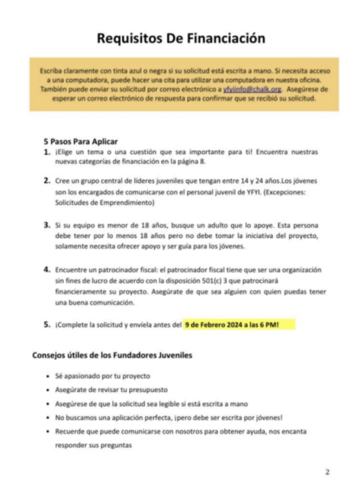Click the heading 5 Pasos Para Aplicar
[82, 141]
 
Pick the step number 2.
[47, 183]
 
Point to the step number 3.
[47, 226]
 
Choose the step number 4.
[47, 270]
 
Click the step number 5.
[47, 325]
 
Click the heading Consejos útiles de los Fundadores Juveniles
[112, 355]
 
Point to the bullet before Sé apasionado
[48, 377]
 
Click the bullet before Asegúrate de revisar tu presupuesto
[48, 390]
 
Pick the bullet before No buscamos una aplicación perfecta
[48, 418]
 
